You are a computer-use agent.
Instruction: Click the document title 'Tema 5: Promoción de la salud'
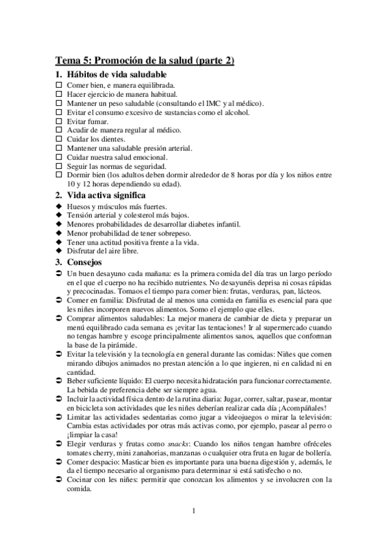click(x=145, y=61)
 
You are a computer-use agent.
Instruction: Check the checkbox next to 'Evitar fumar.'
click(x=58, y=121)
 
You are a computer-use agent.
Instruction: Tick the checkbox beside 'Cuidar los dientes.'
click(x=58, y=139)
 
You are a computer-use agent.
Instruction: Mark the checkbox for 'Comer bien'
click(x=58, y=85)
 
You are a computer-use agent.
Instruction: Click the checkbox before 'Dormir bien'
click(x=58, y=174)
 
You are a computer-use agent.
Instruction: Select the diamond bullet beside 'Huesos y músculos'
click(x=58, y=206)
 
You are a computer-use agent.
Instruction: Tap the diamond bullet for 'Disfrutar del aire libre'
click(x=58, y=251)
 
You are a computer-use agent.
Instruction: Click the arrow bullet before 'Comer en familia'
click(x=58, y=301)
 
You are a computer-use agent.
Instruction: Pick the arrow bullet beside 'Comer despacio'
click(x=58, y=462)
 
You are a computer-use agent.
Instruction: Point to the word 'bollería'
click(x=315, y=453)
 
